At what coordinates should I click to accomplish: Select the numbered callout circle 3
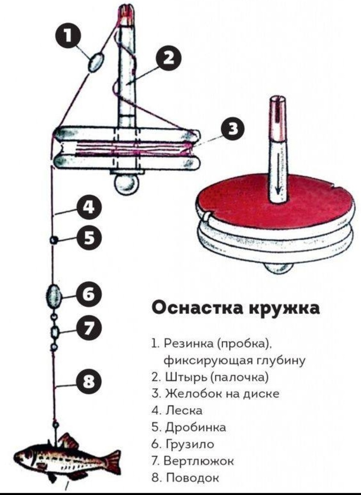[x=234, y=129]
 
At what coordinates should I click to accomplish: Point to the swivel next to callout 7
[x=54, y=332]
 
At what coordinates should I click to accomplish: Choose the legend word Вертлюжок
[x=199, y=460]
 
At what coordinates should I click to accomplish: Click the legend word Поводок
[x=192, y=477]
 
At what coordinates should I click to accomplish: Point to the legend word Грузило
[x=190, y=444]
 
